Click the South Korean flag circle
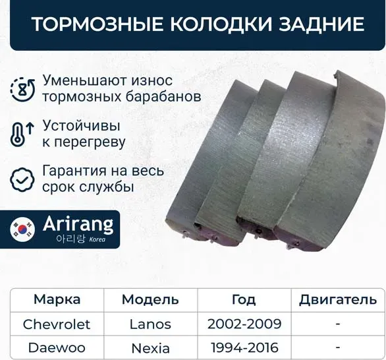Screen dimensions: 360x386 (x=23, y=229)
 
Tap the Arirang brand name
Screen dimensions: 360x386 (x=77, y=223)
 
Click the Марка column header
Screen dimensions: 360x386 (x=57, y=299)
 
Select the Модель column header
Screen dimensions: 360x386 (x=150, y=299)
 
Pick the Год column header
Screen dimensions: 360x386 (x=244, y=299)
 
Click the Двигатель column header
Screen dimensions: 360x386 (x=337, y=300)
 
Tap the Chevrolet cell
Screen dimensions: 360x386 (x=57, y=324)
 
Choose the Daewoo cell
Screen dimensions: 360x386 (x=57, y=347)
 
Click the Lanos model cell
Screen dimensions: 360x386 (x=150, y=324)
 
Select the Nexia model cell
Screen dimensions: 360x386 (x=150, y=347)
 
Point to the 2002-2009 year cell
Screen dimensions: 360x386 (x=244, y=324)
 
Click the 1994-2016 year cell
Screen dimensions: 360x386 (x=244, y=347)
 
